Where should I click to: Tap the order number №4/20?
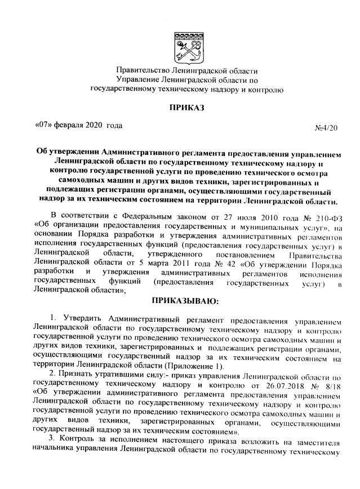[x=326, y=128]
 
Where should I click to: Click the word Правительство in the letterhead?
[x=142, y=72]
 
